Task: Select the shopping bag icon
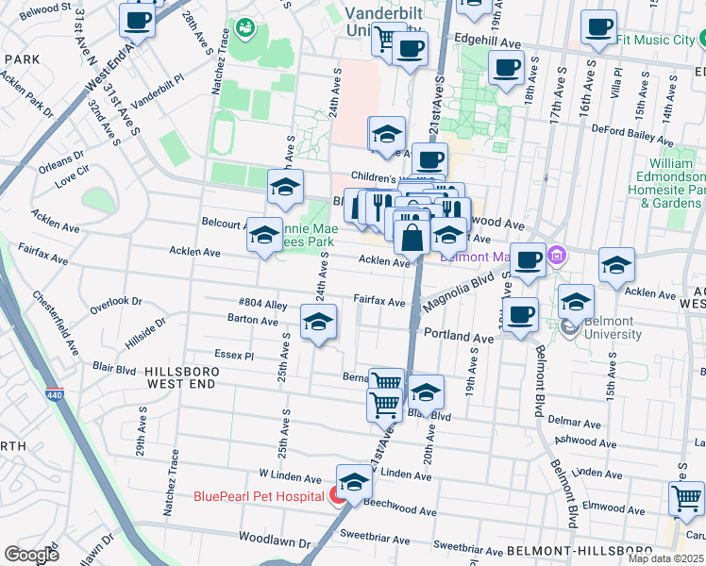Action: pos(412,236)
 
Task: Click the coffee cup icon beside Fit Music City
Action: pos(598,28)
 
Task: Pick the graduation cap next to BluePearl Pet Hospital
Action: pos(354,482)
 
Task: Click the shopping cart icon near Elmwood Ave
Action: pos(685,498)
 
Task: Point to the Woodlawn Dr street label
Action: pos(274,542)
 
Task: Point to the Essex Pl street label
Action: pos(235,357)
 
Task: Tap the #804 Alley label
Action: pos(262,304)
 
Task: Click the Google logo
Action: pos(30,555)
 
